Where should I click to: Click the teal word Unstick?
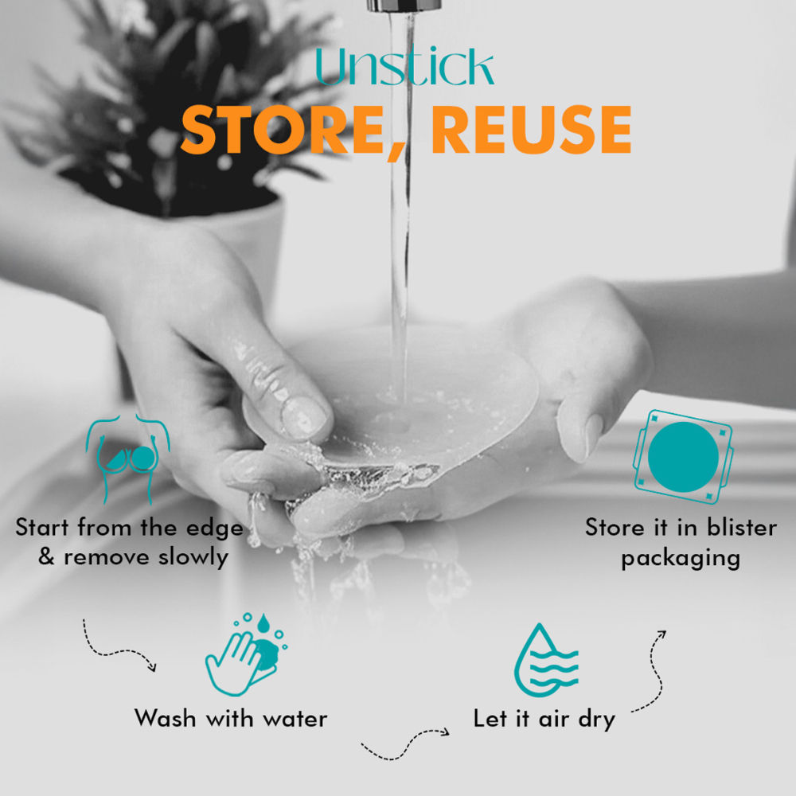click(x=404, y=67)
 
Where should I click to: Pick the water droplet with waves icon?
click(x=546, y=660)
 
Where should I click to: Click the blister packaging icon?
click(x=683, y=456)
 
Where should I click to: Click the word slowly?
click(x=193, y=556)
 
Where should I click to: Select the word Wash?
click(x=166, y=718)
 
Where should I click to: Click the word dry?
click(x=597, y=720)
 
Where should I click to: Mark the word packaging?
click(x=681, y=559)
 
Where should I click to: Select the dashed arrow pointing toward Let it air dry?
click(x=404, y=744)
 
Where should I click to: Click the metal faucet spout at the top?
click(x=404, y=6)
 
